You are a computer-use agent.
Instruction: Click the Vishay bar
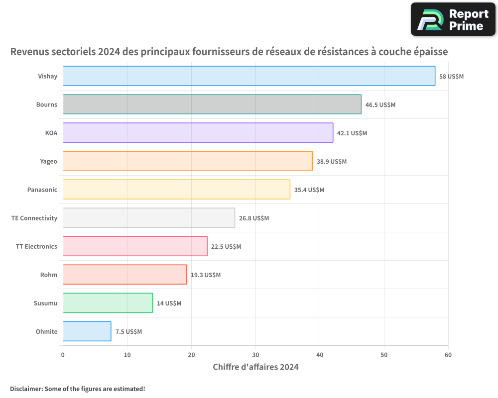pyautogui.click(x=249, y=76)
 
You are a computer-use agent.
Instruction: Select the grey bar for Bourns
pyautogui.click(x=212, y=104)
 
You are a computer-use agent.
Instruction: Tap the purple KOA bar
pyautogui.click(x=198, y=133)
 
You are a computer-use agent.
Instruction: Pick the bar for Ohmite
pyautogui.click(x=87, y=331)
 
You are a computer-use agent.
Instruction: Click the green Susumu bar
pyautogui.click(x=108, y=303)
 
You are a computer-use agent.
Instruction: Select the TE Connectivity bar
pyautogui.click(x=149, y=218)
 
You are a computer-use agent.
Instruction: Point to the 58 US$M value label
pyautogui.click(x=451, y=77)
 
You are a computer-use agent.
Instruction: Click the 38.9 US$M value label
pyautogui.click(x=332, y=162)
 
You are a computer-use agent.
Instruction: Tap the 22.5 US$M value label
pyautogui.click(x=226, y=247)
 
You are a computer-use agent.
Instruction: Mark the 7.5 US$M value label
pyautogui.click(x=128, y=332)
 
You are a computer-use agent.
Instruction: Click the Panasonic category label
pyautogui.click(x=42, y=190)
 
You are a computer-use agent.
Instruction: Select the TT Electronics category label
pyautogui.click(x=36, y=246)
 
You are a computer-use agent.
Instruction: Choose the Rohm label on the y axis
pyautogui.click(x=49, y=275)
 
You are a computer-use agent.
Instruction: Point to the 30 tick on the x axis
pyautogui.click(x=255, y=355)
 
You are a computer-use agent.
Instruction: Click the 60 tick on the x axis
pyautogui.click(x=448, y=355)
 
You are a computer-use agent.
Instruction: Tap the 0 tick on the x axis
pyautogui.click(x=63, y=355)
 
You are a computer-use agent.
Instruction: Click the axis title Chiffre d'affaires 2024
pyautogui.click(x=255, y=367)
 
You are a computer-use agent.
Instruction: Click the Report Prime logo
pyautogui.click(x=453, y=19)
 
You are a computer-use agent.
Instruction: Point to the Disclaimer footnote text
pyautogui.click(x=78, y=389)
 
